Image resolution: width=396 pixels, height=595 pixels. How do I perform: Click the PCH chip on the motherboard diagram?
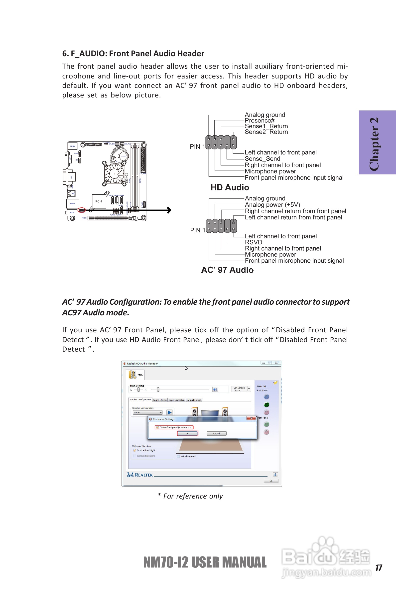point(99,201)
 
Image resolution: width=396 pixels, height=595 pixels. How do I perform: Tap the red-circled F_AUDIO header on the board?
point(82,210)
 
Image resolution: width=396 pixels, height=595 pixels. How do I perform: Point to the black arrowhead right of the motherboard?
point(169,210)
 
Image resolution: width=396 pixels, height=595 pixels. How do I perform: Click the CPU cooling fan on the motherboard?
point(114,173)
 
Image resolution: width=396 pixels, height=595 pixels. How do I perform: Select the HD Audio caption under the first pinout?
point(230,187)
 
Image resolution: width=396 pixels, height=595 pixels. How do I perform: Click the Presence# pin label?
point(259,121)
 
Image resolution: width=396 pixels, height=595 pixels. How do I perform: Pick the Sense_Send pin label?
point(263,159)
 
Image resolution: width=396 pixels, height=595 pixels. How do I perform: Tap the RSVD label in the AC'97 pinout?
point(253,242)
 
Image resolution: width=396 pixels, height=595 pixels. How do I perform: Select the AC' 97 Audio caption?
point(227,270)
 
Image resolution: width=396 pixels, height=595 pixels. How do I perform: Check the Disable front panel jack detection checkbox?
point(157,427)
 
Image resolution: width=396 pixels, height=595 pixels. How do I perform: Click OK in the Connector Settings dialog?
point(187,433)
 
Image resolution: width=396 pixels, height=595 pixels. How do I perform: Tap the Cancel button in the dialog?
point(216,433)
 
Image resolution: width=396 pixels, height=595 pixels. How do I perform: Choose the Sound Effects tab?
point(160,400)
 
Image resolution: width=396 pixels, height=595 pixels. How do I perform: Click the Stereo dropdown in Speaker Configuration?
point(148,412)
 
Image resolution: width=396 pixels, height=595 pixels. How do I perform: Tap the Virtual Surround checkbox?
point(179,456)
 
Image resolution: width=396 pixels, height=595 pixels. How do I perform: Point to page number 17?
point(379,568)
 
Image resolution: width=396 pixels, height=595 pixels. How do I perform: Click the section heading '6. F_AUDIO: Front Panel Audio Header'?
point(133,54)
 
